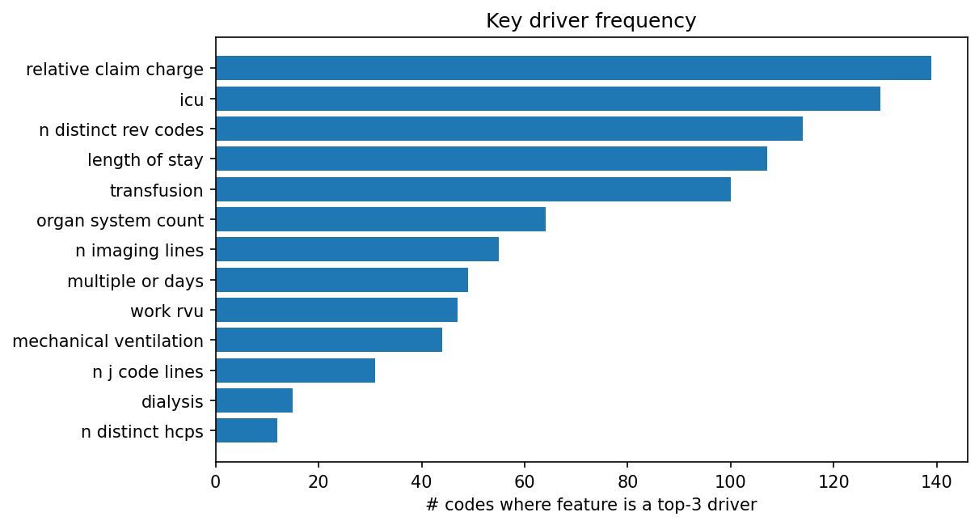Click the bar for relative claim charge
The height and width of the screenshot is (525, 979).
click(573, 68)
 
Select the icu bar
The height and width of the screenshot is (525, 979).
click(547, 99)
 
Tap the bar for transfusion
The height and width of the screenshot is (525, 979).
click(473, 189)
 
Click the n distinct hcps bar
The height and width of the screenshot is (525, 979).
click(247, 430)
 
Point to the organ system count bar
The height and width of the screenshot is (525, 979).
click(380, 219)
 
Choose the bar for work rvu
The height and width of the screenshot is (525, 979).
click(336, 310)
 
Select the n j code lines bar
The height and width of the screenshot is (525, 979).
click(295, 370)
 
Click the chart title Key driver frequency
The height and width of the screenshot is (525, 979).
click(590, 21)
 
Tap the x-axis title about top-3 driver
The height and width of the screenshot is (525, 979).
click(590, 506)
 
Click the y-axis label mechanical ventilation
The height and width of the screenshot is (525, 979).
click(108, 341)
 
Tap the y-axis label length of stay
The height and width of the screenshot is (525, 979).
click(145, 160)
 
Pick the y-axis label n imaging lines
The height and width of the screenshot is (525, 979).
click(139, 251)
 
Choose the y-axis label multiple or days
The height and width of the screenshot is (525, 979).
click(135, 282)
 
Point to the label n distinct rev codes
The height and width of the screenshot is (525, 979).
click(121, 130)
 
